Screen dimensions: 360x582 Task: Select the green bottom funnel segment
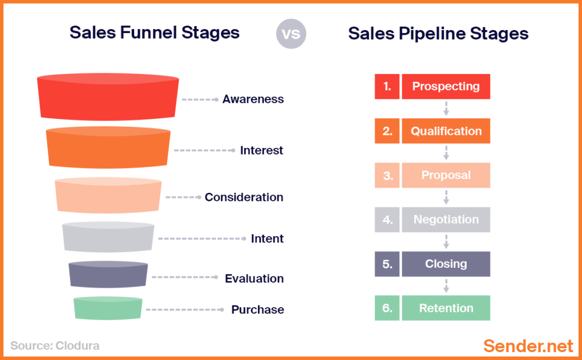pyautogui.click(x=108, y=308)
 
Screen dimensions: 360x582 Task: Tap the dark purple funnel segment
pyautogui.click(x=108, y=275)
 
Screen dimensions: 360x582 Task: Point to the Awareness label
pyautogui.click(x=253, y=99)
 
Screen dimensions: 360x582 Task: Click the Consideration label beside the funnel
pyautogui.click(x=244, y=197)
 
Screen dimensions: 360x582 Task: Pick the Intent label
pyautogui.click(x=267, y=238)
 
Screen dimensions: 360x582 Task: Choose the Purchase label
pyautogui.click(x=257, y=310)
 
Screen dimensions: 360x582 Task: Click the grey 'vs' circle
pyautogui.click(x=291, y=34)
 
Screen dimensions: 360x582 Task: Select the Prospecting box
pyautogui.click(x=446, y=86)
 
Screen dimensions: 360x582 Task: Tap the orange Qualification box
pyautogui.click(x=446, y=131)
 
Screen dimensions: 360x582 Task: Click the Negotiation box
pyautogui.click(x=446, y=220)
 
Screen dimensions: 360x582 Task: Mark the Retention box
pyautogui.click(x=446, y=308)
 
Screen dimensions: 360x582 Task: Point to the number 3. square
pyautogui.click(x=387, y=175)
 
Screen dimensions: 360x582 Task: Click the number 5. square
pyautogui.click(x=387, y=264)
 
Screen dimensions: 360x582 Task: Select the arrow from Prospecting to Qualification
pyautogui.click(x=446, y=109)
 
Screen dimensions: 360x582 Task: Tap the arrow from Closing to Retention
pyautogui.click(x=446, y=286)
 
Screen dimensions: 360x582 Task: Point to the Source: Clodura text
pyautogui.click(x=55, y=345)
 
